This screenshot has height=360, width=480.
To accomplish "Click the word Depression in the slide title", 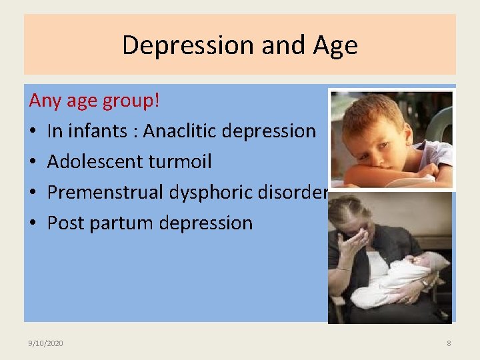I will pyautogui.click(x=188, y=45).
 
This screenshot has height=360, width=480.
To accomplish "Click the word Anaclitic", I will pyautogui.click(x=179, y=131).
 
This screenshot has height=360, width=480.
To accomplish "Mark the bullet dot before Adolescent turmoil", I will pyautogui.click(x=33, y=162).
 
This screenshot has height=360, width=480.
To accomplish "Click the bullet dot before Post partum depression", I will pyautogui.click(x=33, y=223).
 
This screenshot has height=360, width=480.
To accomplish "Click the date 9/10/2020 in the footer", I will pyautogui.click(x=46, y=343).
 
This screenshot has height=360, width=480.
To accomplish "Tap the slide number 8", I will pyautogui.click(x=449, y=343).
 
